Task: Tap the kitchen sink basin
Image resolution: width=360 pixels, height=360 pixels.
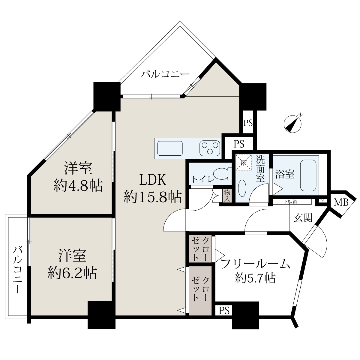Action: click(170, 148)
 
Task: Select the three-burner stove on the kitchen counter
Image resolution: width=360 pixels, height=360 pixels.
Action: click(210, 148)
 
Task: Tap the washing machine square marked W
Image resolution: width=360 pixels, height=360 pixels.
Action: click(244, 162)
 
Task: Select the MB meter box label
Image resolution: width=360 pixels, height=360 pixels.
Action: click(341, 202)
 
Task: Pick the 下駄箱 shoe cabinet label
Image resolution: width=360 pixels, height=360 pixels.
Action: click(290, 202)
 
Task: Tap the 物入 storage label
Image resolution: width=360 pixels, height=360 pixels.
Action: click(227, 195)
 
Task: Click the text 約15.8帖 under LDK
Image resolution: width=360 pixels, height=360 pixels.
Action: click(152, 197)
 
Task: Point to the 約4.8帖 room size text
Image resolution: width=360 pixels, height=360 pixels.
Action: click(78, 185)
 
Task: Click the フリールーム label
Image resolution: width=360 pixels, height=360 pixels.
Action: click(256, 264)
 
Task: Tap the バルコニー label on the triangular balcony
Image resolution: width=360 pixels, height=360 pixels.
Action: click(165, 74)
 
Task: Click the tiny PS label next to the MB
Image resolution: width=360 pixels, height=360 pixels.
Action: click(322, 201)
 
